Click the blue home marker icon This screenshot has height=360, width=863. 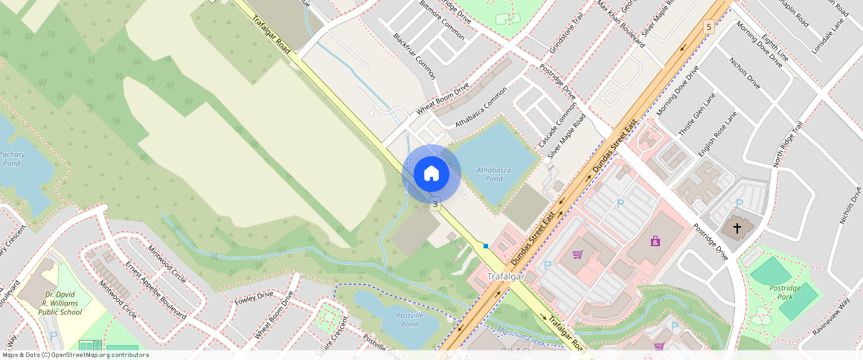431,173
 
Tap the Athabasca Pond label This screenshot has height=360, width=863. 494,174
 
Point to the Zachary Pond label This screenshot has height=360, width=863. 12,158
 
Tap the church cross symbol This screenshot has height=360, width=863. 737,228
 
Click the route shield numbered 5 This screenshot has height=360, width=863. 709,27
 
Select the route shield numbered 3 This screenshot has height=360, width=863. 434,203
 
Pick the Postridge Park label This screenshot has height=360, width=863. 784,292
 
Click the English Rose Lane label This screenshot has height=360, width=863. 717,134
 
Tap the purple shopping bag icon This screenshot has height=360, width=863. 655,241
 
